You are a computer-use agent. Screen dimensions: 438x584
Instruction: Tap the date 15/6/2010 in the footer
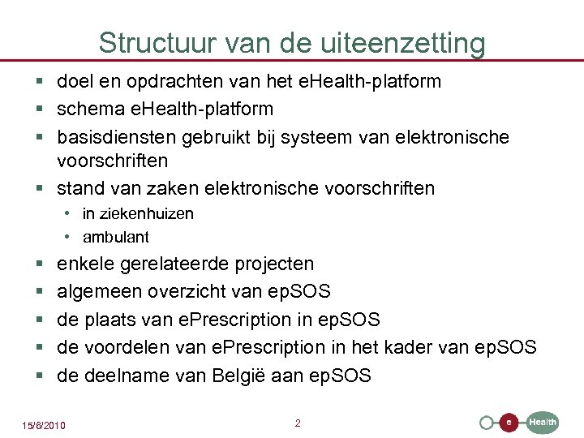pos(45,426)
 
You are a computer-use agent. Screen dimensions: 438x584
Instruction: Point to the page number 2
pos(298,423)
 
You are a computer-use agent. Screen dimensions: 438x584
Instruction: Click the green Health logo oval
pos(543,423)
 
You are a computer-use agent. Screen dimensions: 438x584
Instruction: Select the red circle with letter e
pos(509,423)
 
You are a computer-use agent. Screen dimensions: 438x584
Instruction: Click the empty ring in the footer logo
pos(486,423)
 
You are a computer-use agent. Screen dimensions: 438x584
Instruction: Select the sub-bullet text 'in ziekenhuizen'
pos(138,213)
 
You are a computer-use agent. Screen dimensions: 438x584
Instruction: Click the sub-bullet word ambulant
pos(116,237)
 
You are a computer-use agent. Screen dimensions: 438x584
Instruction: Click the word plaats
pos(108,320)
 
